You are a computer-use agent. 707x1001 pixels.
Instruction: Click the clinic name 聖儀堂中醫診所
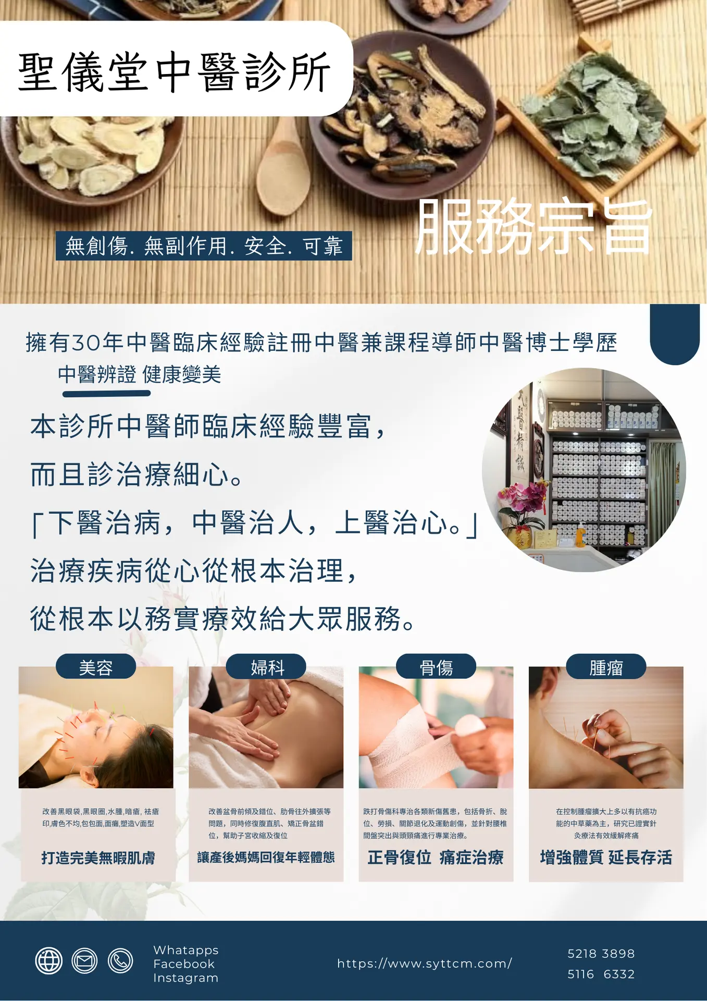(x=175, y=72)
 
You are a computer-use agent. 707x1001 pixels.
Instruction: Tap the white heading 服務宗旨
(x=534, y=227)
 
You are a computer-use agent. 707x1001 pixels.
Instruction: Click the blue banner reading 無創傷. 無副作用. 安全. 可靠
(x=204, y=246)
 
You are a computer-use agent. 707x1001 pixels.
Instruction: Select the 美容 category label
(x=96, y=667)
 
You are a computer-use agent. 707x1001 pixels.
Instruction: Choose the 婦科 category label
(x=266, y=667)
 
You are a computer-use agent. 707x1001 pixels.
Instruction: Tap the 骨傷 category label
(x=436, y=667)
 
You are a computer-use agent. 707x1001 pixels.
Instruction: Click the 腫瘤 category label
(x=606, y=667)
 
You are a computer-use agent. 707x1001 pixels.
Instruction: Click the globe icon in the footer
(x=49, y=960)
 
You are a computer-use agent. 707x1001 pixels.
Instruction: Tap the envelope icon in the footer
(x=84, y=960)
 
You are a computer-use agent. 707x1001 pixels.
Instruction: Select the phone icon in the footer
(x=120, y=960)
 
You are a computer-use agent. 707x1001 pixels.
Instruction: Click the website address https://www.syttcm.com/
(x=425, y=963)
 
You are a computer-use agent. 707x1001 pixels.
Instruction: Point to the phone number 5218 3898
(x=601, y=954)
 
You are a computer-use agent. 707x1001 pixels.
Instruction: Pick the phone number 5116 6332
(x=601, y=974)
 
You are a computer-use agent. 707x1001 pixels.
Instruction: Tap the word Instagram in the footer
(x=186, y=978)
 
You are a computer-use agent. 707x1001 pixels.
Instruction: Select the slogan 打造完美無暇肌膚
(x=98, y=858)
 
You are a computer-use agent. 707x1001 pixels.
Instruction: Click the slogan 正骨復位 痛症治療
(x=436, y=857)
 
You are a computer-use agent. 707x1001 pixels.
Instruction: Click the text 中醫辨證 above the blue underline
(x=97, y=374)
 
